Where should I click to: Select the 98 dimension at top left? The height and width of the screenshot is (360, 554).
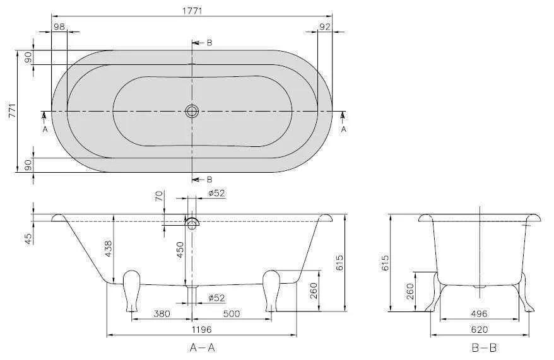(x=59, y=26)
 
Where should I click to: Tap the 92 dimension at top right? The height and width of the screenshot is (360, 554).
(x=325, y=26)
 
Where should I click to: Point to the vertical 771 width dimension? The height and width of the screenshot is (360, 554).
(x=10, y=111)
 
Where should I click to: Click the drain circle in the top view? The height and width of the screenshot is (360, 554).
(x=192, y=112)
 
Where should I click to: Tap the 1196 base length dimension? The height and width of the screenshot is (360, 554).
(x=201, y=329)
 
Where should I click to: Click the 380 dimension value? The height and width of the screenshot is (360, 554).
(x=161, y=314)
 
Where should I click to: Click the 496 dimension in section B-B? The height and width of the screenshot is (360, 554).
(x=480, y=314)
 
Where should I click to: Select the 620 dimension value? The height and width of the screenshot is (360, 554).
(x=480, y=329)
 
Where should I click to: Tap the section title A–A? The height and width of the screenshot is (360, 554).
(x=202, y=347)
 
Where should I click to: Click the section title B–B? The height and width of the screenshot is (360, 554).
(x=483, y=347)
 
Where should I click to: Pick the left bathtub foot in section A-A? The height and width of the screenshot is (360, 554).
(x=131, y=289)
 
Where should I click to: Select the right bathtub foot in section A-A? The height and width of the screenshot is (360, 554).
(x=271, y=289)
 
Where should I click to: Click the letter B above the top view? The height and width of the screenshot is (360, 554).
(x=209, y=43)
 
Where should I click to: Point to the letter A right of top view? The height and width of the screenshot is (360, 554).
(x=343, y=129)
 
